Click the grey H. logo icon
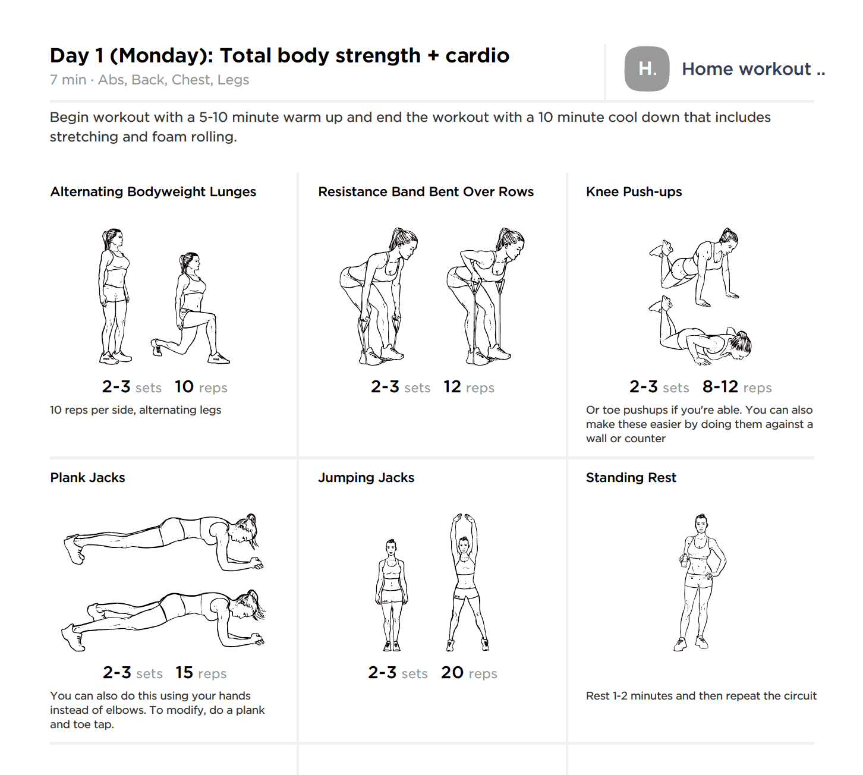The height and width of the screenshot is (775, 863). point(646,68)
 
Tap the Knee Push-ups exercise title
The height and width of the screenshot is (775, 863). point(634,192)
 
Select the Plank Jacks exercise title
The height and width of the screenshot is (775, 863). point(87,478)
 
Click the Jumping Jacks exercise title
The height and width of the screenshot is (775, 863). point(366,478)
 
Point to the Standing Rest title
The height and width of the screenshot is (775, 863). point(631,478)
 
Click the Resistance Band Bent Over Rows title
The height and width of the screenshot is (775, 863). point(426,192)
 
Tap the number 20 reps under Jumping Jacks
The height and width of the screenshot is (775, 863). point(452,672)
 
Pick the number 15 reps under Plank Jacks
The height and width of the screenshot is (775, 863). point(184,672)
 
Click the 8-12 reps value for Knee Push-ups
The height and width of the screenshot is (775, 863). point(720,386)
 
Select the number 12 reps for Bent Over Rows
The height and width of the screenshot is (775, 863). point(452,386)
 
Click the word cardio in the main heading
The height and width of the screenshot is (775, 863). point(477,56)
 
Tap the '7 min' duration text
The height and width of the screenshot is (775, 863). point(68,80)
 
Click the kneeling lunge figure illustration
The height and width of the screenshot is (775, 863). point(190,309)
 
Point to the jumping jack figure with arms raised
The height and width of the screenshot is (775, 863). point(467,582)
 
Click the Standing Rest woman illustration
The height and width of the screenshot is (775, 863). point(700,582)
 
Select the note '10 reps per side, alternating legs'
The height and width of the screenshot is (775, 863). point(136,410)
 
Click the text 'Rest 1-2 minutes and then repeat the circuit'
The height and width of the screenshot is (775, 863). point(701,696)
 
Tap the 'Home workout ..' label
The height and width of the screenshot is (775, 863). point(754,69)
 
